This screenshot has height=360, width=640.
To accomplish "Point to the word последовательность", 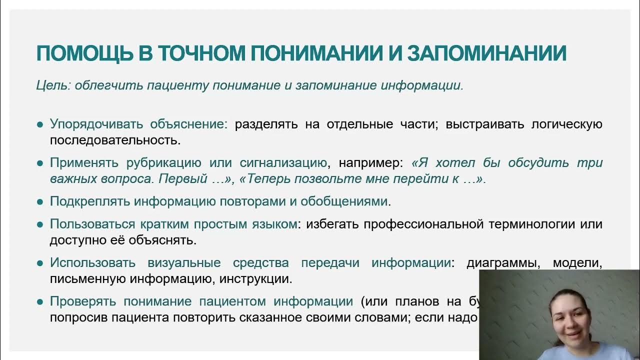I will coord(114,139).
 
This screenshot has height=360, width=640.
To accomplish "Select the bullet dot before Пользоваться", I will coord(40,225).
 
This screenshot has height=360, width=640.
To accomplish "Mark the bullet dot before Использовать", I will coord(40,263).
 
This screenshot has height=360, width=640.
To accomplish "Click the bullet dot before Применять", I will coord(40,163).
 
